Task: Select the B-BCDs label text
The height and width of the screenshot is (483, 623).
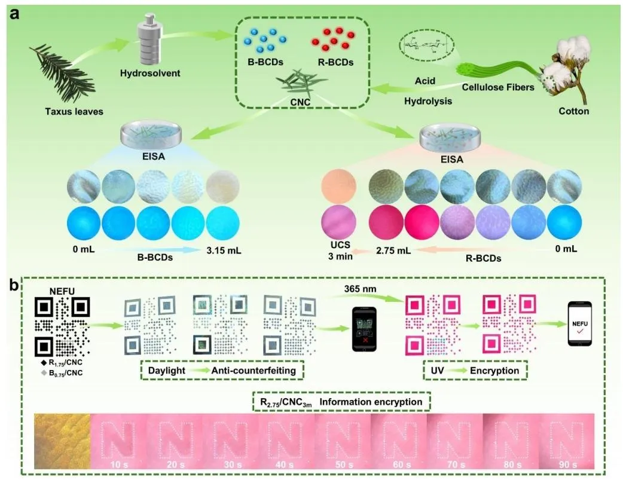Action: (x=264, y=61)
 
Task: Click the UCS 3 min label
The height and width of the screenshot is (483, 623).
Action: (x=339, y=255)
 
